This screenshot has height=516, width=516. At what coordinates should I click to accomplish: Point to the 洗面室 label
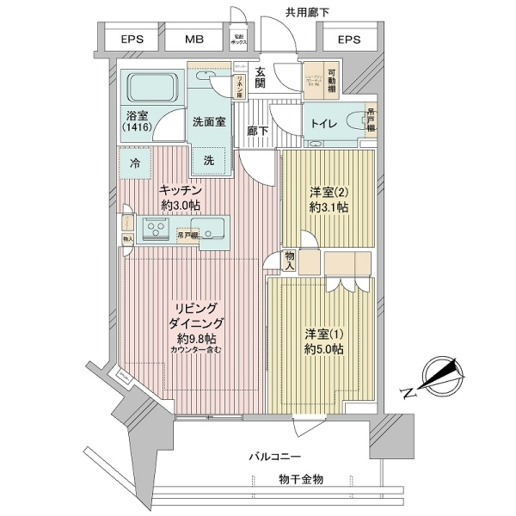209,121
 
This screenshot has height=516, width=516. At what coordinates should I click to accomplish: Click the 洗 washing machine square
210,159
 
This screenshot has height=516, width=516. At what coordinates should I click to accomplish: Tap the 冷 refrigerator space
135,162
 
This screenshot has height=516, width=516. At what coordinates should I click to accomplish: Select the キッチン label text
180,190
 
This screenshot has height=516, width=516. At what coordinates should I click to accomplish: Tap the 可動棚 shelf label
331,77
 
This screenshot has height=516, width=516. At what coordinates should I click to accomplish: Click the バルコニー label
276,454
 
